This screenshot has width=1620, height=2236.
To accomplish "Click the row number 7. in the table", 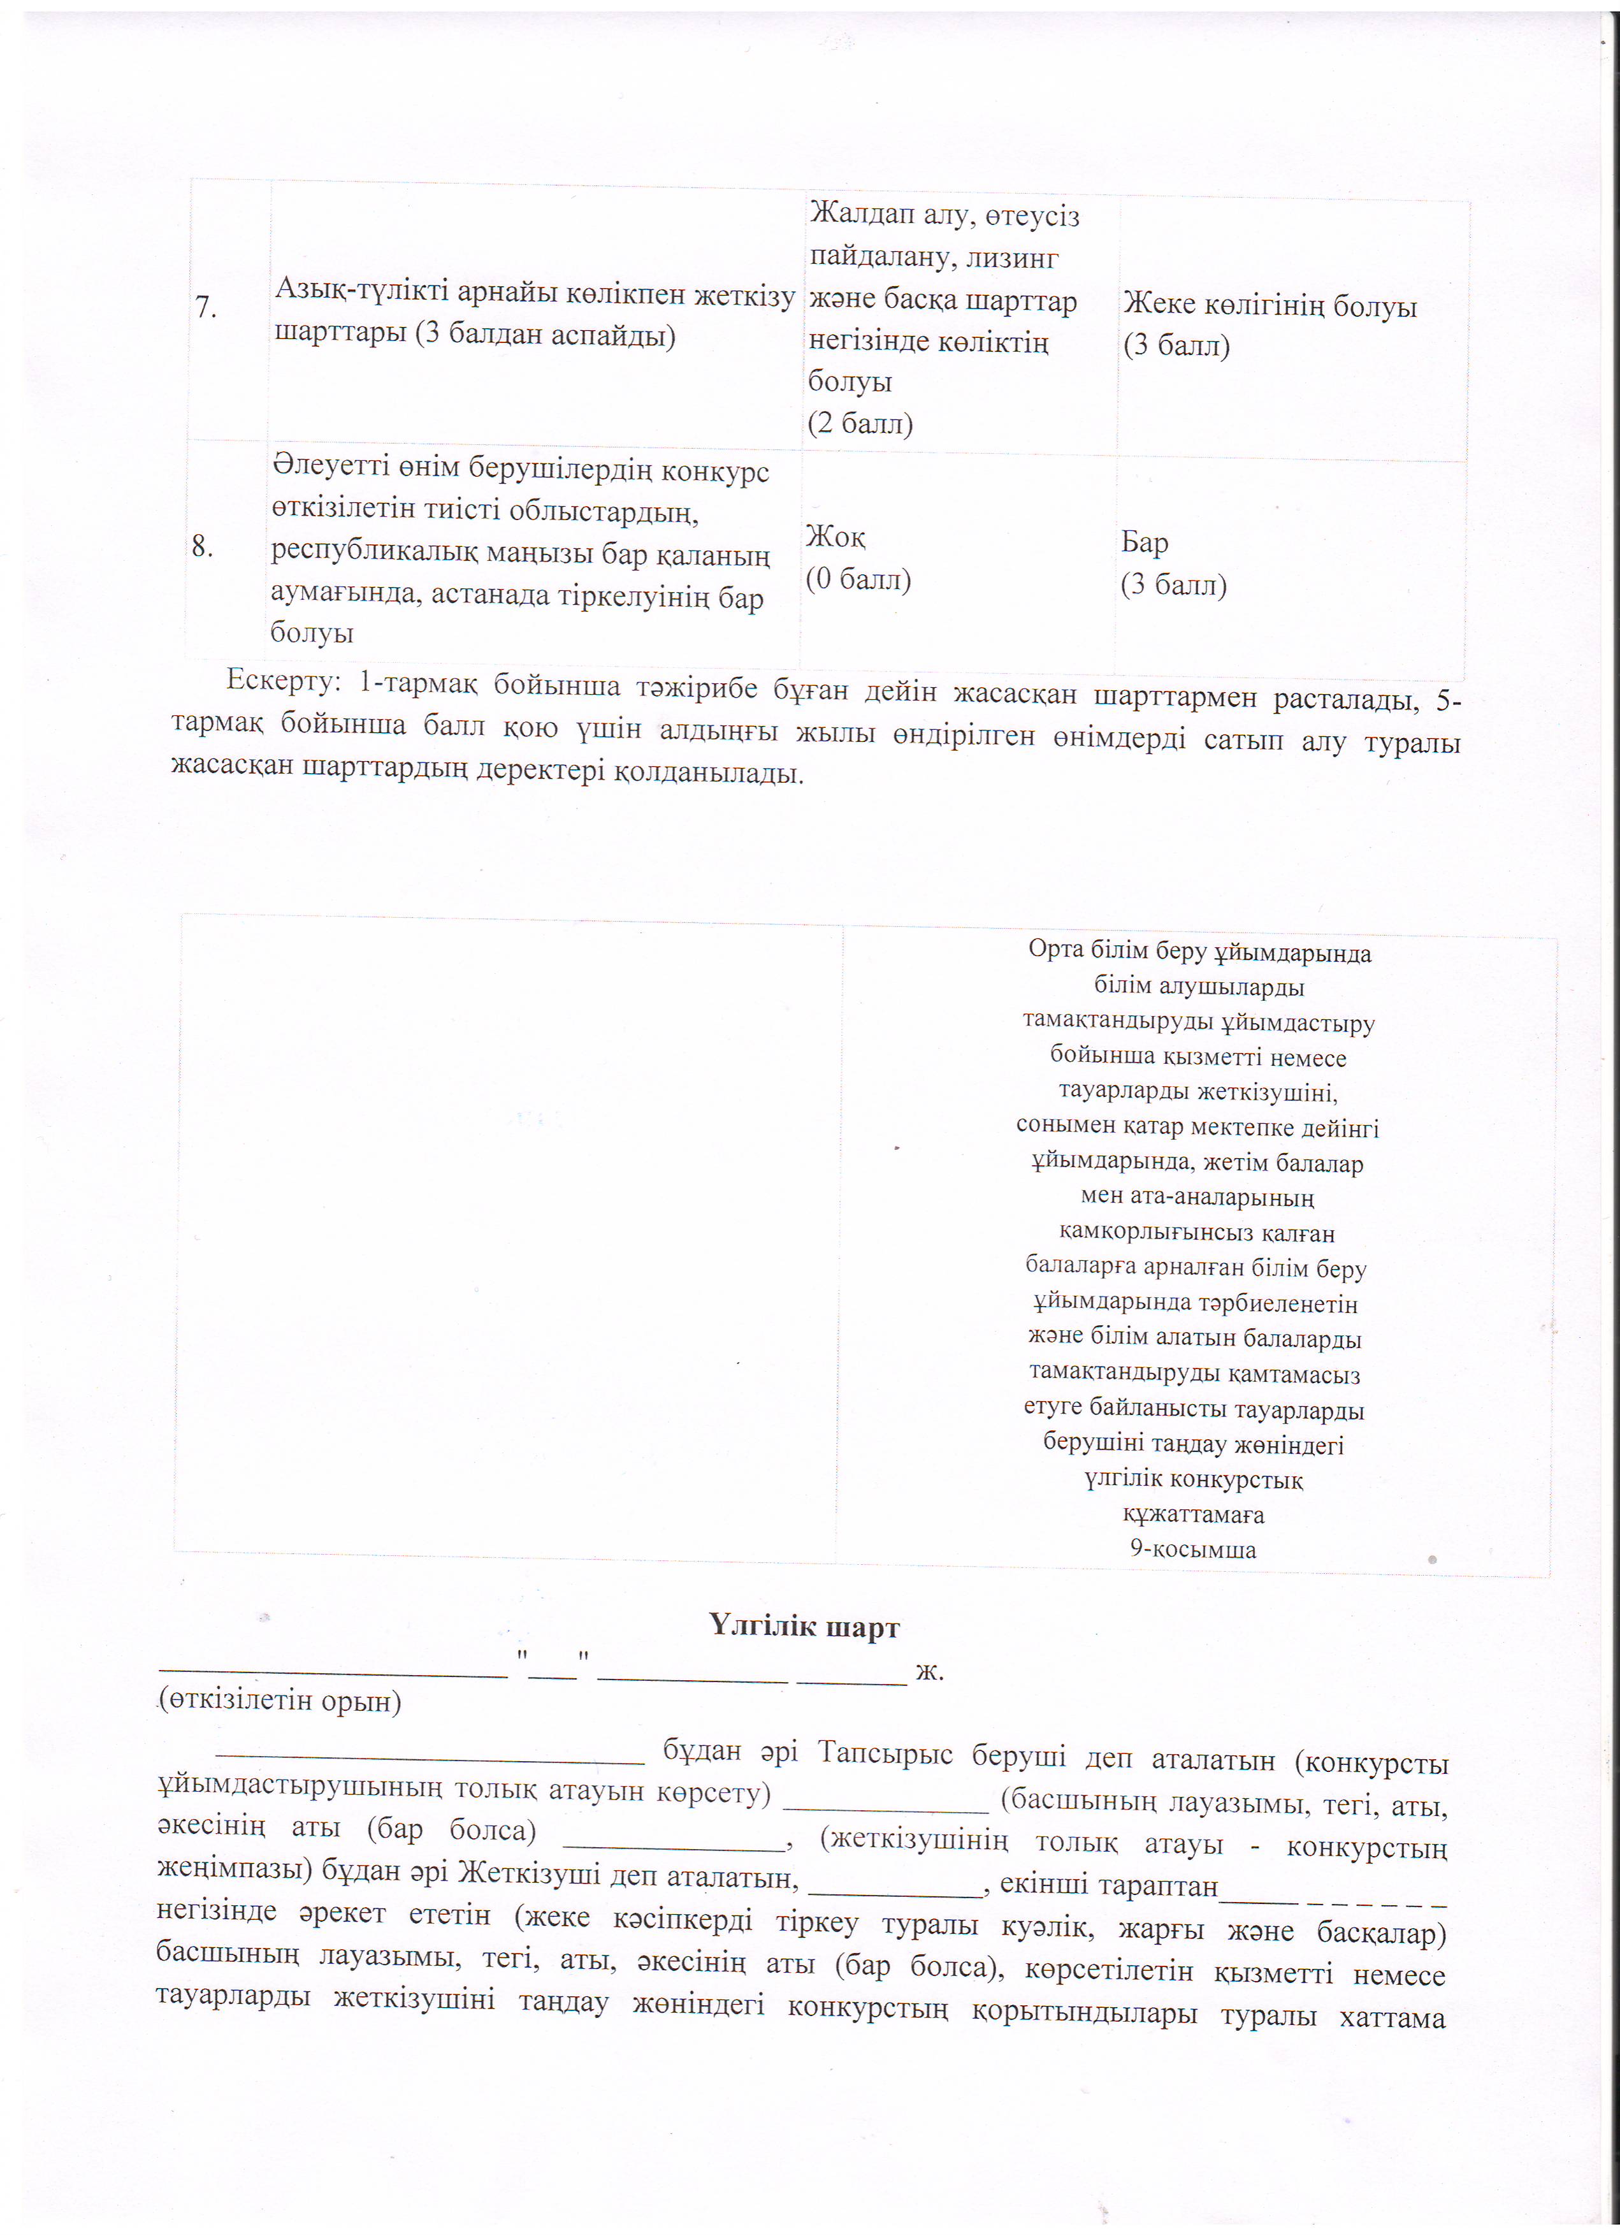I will pyautogui.click(x=205, y=309).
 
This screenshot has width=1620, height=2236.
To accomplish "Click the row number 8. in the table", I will pyautogui.click(x=203, y=546).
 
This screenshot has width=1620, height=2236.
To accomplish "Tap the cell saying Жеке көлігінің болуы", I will pyautogui.click(x=1270, y=307).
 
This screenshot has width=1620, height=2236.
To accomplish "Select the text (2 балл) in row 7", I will pyautogui.click(x=860, y=424).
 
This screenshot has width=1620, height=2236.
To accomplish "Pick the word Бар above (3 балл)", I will pyautogui.click(x=1145, y=543).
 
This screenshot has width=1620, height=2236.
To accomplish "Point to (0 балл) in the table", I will pyautogui.click(x=858, y=579).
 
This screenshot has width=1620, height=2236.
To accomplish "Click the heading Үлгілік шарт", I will pyautogui.click(x=804, y=1626).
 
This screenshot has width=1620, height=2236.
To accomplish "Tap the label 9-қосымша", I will pyautogui.click(x=1193, y=1549).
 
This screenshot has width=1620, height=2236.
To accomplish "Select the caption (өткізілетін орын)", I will pyautogui.click(x=279, y=1702).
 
